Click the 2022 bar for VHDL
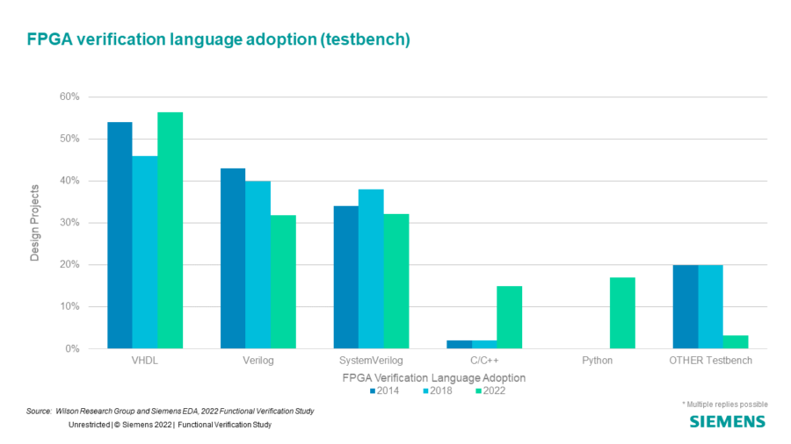pos(171,231)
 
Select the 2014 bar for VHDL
pos(120,235)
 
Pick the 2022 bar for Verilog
pos(283,282)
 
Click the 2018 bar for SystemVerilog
pos(371,269)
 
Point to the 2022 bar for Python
pos(622,313)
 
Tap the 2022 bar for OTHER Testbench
pos(736,342)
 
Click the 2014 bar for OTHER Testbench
pos(686,307)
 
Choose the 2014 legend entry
pos(384,390)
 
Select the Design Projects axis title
pos(35,223)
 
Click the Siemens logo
pos(727,422)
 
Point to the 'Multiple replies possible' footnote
pos(724,404)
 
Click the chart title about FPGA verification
pos(219,39)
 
